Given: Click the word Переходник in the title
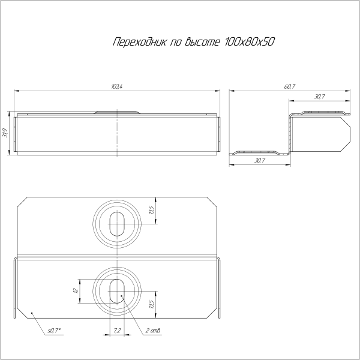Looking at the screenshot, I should [x=137, y=42].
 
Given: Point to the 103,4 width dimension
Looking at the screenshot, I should [x=117, y=87].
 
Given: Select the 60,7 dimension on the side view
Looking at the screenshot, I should [x=290, y=87].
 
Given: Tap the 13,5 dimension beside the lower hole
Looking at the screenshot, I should [x=151, y=304].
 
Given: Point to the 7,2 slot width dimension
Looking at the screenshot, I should [x=116, y=331].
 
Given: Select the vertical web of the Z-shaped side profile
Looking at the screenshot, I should [x=289, y=133].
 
